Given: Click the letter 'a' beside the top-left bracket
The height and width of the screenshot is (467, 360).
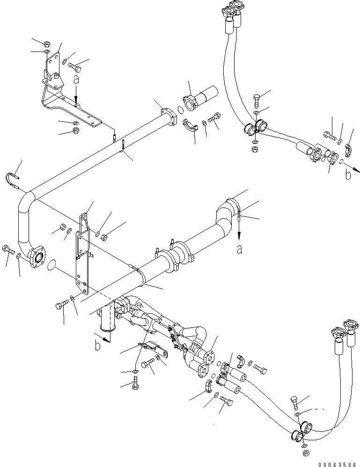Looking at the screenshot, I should (76, 81).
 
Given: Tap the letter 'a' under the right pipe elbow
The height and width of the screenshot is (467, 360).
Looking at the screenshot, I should (239, 250).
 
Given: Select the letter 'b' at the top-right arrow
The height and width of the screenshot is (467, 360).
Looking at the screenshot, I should (347, 175).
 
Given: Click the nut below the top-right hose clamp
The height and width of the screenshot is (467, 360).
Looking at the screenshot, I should (255, 149).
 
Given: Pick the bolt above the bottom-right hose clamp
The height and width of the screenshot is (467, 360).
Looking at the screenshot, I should (294, 402).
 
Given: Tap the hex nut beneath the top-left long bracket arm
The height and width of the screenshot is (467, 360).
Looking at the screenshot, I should (76, 132).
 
